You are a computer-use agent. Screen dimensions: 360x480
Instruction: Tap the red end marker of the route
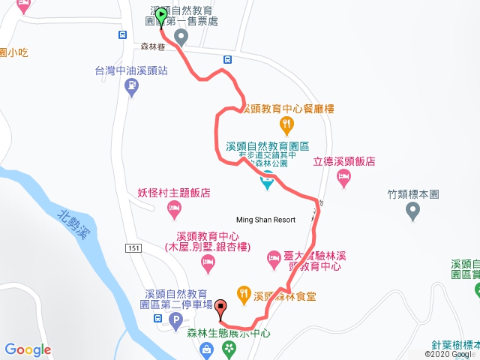click(220, 307)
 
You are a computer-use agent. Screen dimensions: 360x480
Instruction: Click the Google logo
click(28, 349)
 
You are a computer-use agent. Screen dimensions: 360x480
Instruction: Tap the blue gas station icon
click(132, 88)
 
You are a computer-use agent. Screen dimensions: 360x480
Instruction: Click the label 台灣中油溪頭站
click(131, 71)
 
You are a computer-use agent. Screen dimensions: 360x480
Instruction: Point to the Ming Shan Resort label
click(265, 220)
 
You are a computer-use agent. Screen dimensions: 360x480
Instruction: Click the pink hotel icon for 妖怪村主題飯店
click(174, 206)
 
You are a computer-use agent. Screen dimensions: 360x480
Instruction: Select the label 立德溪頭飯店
click(344, 161)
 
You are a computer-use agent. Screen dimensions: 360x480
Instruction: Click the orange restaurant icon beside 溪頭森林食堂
click(243, 294)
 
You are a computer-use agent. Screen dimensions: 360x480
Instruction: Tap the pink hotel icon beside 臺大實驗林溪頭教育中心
click(274, 260)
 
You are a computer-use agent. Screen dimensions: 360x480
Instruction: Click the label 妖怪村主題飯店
click(173, 191)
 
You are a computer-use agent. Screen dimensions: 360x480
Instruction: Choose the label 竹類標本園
click(412, 193)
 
